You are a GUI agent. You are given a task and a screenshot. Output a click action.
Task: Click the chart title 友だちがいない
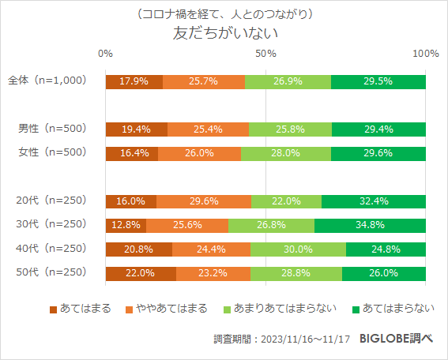(225, 34)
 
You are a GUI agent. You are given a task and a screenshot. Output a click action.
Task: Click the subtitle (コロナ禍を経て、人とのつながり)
(225, 14)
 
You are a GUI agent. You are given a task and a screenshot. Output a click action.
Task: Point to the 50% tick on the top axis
(265, 53)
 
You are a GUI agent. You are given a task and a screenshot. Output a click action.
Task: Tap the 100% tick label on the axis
(426, 53)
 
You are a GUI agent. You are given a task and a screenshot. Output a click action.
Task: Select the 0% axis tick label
(105, 53)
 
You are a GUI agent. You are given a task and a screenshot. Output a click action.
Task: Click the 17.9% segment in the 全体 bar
(134, 81)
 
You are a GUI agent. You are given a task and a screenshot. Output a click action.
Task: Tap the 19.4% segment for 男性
(136, 129)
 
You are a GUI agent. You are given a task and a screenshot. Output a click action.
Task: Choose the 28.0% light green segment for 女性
(286, 153)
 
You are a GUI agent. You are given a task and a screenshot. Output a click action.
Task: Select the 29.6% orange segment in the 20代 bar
(204, 201)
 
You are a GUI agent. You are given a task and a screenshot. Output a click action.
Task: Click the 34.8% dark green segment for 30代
(370, 226)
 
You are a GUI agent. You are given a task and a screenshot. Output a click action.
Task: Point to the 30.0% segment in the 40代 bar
(298, 249)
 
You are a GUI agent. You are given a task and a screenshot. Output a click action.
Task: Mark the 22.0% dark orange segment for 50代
(140, 273)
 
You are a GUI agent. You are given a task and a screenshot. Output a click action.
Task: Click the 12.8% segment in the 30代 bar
(126, 226)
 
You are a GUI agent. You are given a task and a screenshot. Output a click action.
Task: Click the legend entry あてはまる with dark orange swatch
(81, 307)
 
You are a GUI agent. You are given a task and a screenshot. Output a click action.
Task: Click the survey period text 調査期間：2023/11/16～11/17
(281, 339)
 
